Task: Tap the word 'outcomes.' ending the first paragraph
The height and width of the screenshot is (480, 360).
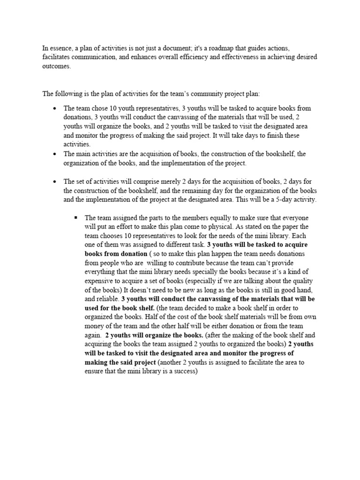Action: point(56,66)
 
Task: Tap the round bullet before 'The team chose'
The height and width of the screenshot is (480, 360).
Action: point(55,108)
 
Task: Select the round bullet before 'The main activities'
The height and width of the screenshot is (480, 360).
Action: point(55,154)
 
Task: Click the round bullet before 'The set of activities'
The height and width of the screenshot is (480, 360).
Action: point(55,181)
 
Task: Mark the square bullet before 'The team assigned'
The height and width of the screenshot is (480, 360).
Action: point(75,218)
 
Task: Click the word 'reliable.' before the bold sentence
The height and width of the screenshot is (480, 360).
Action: point(106,299)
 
